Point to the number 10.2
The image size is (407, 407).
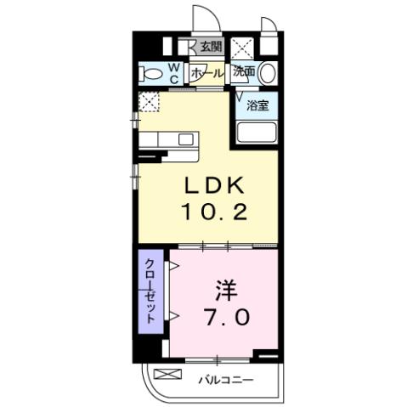click(x=212, y=212)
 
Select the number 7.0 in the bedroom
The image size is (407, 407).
click(x=225, y=319)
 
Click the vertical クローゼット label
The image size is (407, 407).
click(x=150, y=289)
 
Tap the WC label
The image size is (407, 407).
click(x=174, y=74)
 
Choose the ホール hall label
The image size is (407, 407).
click(x=207, y=74)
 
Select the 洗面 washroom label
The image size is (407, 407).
click(x=245, y=72)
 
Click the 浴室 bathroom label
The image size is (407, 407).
click(x=257, y=105)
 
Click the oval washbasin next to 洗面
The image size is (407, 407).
click(x=268, y=73)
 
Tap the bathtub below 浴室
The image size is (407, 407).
click(x=257, y=133)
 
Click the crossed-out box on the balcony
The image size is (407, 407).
click(x=168, y=375)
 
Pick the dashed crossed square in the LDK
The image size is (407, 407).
click(x=150, y=103)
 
